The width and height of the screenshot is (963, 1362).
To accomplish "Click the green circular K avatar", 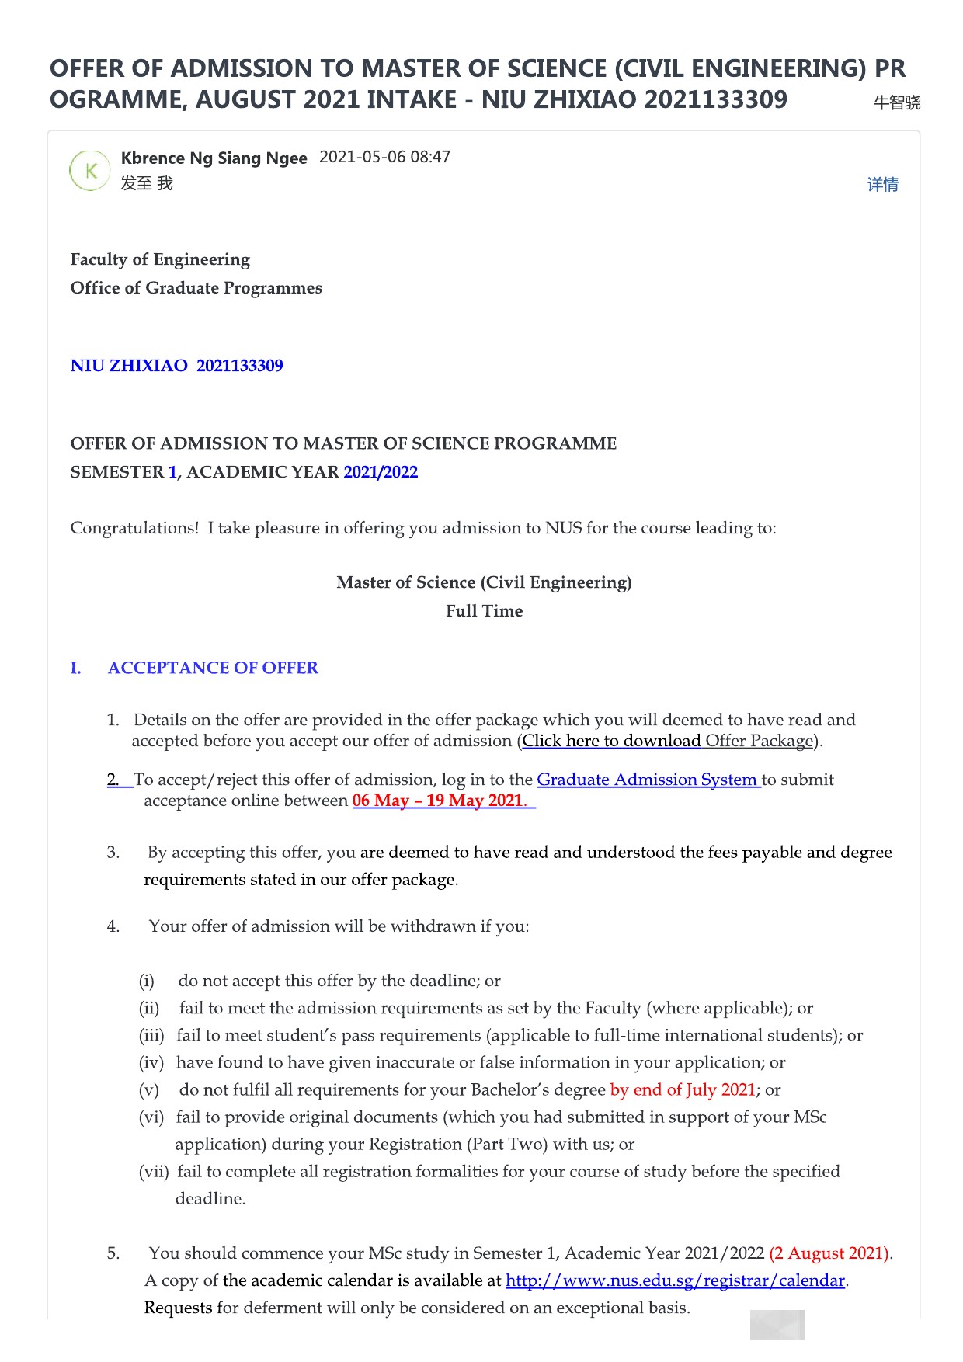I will pyautogui.click(x=90, y=171).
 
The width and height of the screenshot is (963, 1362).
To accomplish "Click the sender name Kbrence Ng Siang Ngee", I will pyautogui.click(x=214, y=158).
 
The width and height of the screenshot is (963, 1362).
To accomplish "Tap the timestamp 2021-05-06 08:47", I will pyautogui.click(x=384, y=157).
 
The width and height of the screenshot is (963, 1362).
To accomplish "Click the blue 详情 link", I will pyautogui.click(x=882, y=185).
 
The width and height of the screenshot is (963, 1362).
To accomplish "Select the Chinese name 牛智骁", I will pyautogui.click(x=897, y=102).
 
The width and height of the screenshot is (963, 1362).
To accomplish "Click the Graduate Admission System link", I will pyautogui.click(x=648, y=780).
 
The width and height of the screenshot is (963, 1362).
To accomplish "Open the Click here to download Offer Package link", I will pyautogui.click(x=668, y=741).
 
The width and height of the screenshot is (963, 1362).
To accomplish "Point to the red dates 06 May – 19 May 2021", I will pyautogui.click(x=438, y=801).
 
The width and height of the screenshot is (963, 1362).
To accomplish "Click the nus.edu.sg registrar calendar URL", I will pyautogui.click(x=675, y=1280).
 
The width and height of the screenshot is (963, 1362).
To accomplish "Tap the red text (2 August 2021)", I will pyautogui.click(x=829, y=1253).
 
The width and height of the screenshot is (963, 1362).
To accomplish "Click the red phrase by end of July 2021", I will pyautogui.click(x=683, y=1089).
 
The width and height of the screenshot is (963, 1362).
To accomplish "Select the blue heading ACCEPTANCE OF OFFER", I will pyautogui.click(x=213, y=668).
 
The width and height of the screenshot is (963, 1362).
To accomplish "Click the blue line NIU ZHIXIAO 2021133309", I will pyautogui.click(x=176, y=366).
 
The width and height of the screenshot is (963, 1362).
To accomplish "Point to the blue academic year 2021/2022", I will pyautogui.click(x=381, y=472).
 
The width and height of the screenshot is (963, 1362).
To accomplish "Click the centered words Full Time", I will pyautogui.click(x=484, y=611).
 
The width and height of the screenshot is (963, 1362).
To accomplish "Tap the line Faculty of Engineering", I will pyautogui.click(x=160, y=259).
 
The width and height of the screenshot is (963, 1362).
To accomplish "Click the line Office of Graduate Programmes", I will pyautogui.click(x=196, y=288).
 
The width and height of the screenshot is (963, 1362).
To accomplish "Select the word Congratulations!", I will pyautogui.click(x=134, y=528).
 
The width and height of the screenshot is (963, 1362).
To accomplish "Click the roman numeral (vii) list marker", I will pyautogui.click(x=153, y=1172).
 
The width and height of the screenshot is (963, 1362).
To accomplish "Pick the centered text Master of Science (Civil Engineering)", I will pyautogui.click(x=484, y=582).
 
